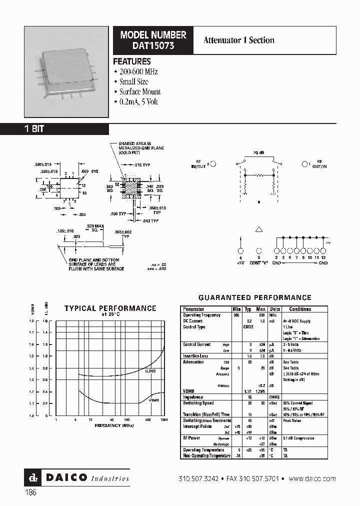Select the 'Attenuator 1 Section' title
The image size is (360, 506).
pos(238,40)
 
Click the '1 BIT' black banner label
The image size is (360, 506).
pos(34,128)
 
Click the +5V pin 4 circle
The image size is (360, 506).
pos(240,251)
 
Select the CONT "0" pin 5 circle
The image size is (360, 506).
pos(258,251)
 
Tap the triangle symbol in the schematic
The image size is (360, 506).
pos(258,229)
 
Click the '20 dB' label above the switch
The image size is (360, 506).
pos(259,152)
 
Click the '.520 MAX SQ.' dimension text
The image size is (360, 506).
pos(94,228)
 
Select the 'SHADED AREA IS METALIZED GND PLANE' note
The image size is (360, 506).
pos(141,148)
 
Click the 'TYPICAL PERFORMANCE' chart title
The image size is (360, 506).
pos(110,308)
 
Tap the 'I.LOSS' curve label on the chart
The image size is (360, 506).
pos(150,371)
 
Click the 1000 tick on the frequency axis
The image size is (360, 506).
pos(164,419)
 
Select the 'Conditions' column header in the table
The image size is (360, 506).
pos(300,309)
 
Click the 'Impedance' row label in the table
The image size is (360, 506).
pos(192,396)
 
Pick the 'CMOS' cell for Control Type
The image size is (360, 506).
pos(248,326)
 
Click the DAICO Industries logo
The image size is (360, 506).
pos(77,477)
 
